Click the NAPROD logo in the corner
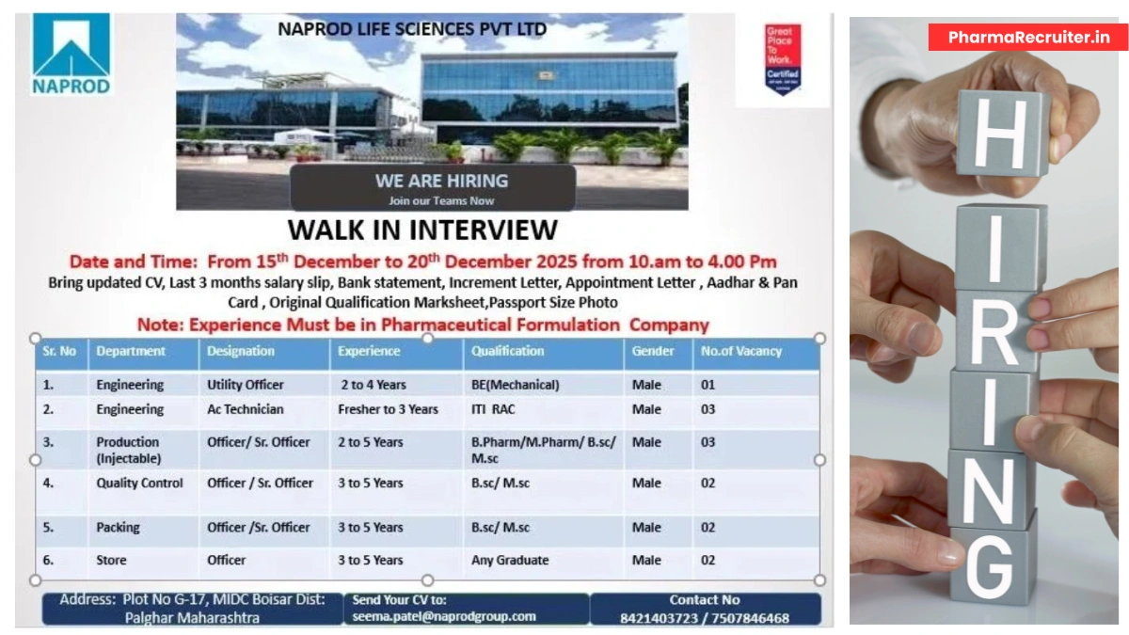click(x=72, y=54)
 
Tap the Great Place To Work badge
click(x=783, y=59)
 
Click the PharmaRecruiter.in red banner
click(x=1028, y=38)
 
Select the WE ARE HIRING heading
click(x=441, y=181)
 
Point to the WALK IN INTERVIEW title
click(x=422, y=230)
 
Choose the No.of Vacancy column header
click(x=740, y=351)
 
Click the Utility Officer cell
click(x=245, y=385)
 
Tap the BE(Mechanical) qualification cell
click(x=515, y=385)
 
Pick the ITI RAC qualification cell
click(x=493, y=409)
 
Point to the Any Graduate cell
click(x=509, y=560)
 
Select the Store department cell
click(x=111, y=560)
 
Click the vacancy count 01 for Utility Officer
click(x=708, y=385)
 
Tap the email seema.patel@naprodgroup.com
click(x=443, y=617)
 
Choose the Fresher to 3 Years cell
click(x=388, y=409)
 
